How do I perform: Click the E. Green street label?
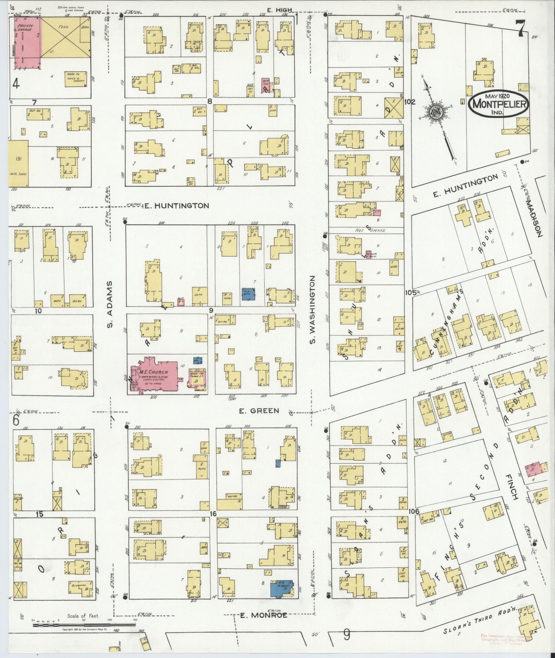(259, 410)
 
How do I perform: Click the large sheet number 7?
(520, 28)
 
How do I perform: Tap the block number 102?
(410, 102)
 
